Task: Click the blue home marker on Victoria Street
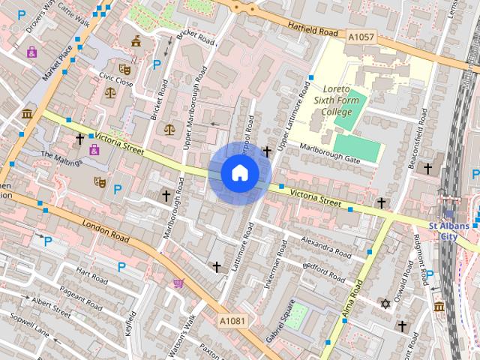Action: click(x=239, y=173)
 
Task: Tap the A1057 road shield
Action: click(x=361, y=35)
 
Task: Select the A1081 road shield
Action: click(x=232, y=320)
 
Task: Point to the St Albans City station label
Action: click(x=448, y=231)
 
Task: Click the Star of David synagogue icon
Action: click(x=386, y=304)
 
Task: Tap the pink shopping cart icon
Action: click(x=178, y=283)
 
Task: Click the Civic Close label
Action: click(x=115, y=79)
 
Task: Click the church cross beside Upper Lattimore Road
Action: click(x=266, y=151)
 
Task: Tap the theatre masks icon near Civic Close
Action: click(x=124, y=69)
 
